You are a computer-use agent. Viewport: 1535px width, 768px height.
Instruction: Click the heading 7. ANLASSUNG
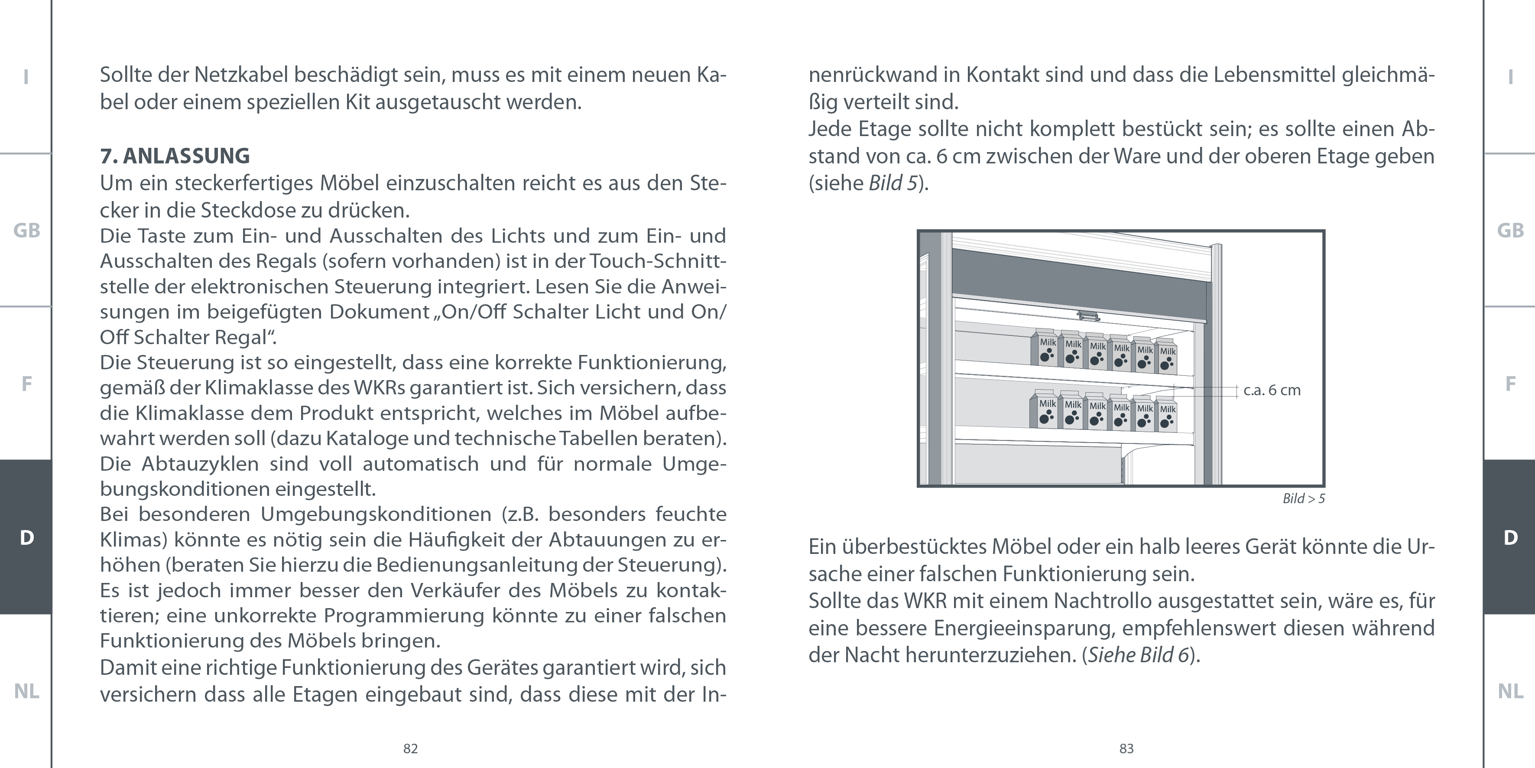tap(175, 156)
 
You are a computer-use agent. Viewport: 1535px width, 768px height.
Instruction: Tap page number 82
tap(411, 749)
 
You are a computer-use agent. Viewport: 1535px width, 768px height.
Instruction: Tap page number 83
tap(1126, 749)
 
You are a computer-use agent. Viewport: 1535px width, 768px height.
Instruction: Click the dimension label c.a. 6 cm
tap(1272, 391)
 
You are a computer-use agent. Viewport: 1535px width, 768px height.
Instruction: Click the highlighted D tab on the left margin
tap(26, 537)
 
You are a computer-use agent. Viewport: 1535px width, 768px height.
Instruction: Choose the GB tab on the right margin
tap(1510, 231)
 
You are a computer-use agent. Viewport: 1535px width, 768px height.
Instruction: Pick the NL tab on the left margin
tap(26, 691)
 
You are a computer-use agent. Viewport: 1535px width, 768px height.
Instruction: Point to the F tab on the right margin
tap(1510, 384)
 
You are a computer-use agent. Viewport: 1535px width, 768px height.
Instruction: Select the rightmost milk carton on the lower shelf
tap(1167, 415)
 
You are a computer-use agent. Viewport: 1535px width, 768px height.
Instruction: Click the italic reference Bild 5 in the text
tap(892, 183)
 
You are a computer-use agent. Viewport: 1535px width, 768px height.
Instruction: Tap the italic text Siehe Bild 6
tap(1139, 655)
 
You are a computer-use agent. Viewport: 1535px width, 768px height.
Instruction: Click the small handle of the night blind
tap(1088, 316)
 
